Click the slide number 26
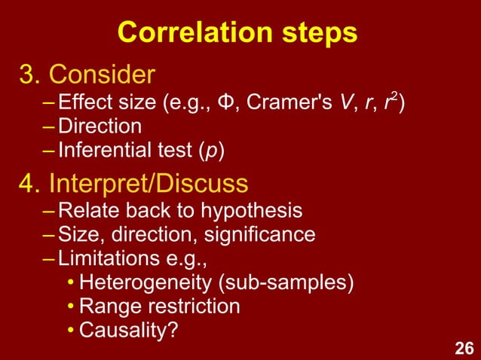tap(463, 347)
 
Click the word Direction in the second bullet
tap(100, 127)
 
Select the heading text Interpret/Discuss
tap(148, 183)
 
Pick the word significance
tap(258, 235)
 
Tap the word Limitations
tap(103, 259)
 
